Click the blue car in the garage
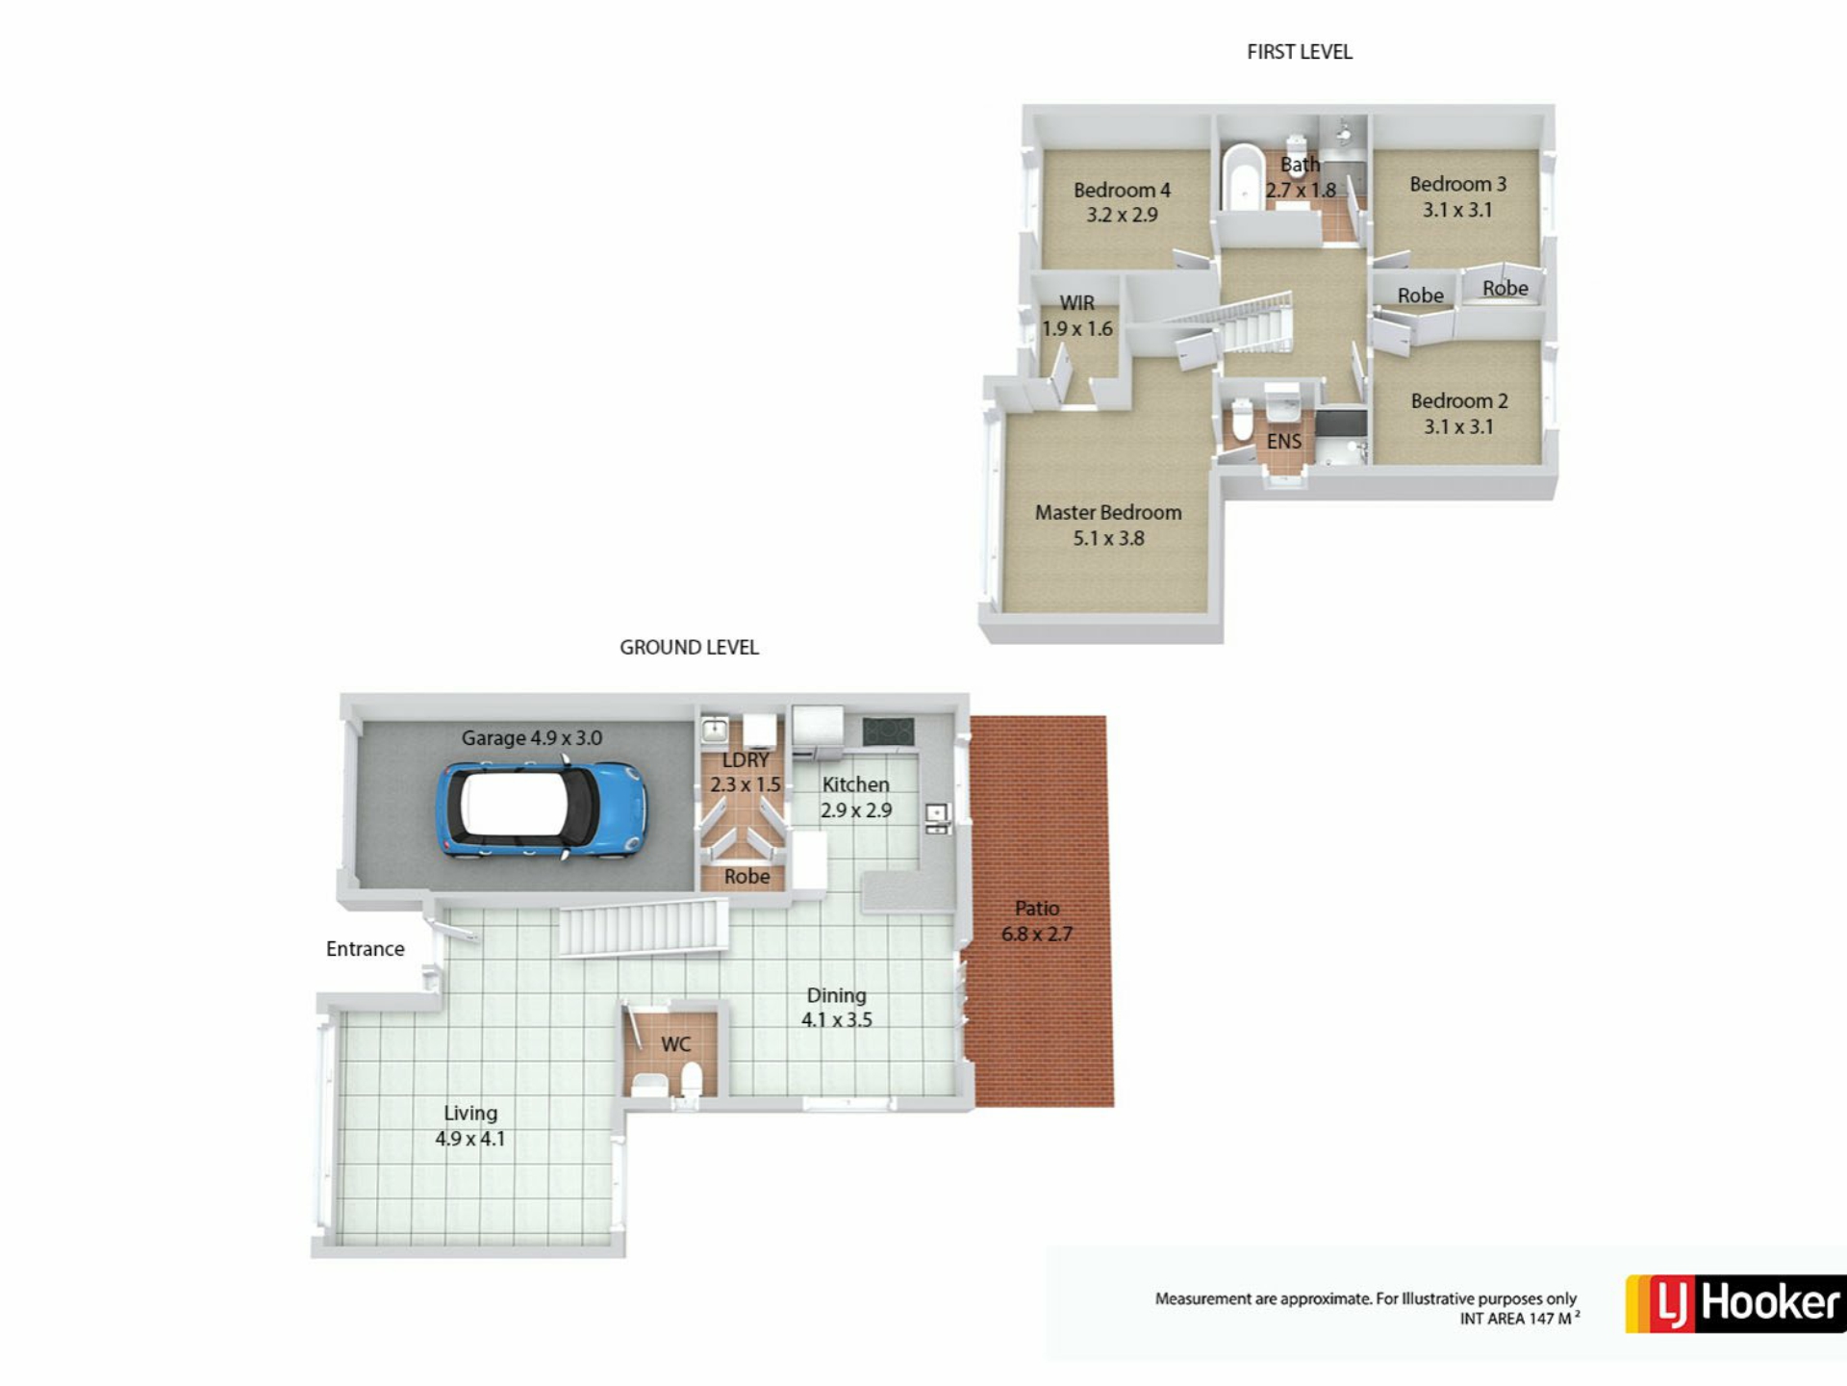[x=542, y=809]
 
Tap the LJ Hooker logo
[x=1734, y=1303]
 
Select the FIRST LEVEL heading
[x=1300, y=52]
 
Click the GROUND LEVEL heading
[x=689, y=648]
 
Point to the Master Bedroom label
[x=1108, y=525]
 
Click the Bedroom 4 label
[x=1122, y=202]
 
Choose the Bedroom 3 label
[x=1457, y=196]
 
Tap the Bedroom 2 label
[x=1458, y=413]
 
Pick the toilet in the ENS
[x=1243, y=421]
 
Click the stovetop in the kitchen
[x=887, y=732]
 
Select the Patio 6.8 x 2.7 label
[x=1037, y=921]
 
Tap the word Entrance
[x=366, y=949]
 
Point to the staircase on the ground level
[x=644, y=927]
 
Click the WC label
[x=676, y=1044]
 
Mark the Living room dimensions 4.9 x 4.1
[x=469, y=1139]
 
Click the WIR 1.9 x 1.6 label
[x=1077, y=316]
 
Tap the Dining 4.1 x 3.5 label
[x=837, y=1008]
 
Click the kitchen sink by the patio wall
[x=937, y=818]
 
